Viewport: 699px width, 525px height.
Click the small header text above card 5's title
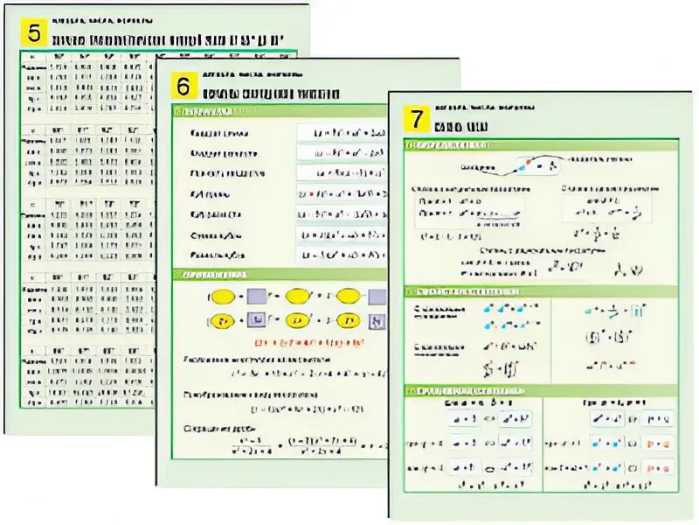tap(101, 20)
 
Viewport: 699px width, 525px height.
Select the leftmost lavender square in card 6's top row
tap(257, 296)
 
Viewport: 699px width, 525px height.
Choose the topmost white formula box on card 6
tap(341, 133)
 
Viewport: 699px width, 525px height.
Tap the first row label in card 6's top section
tap(219, 134)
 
